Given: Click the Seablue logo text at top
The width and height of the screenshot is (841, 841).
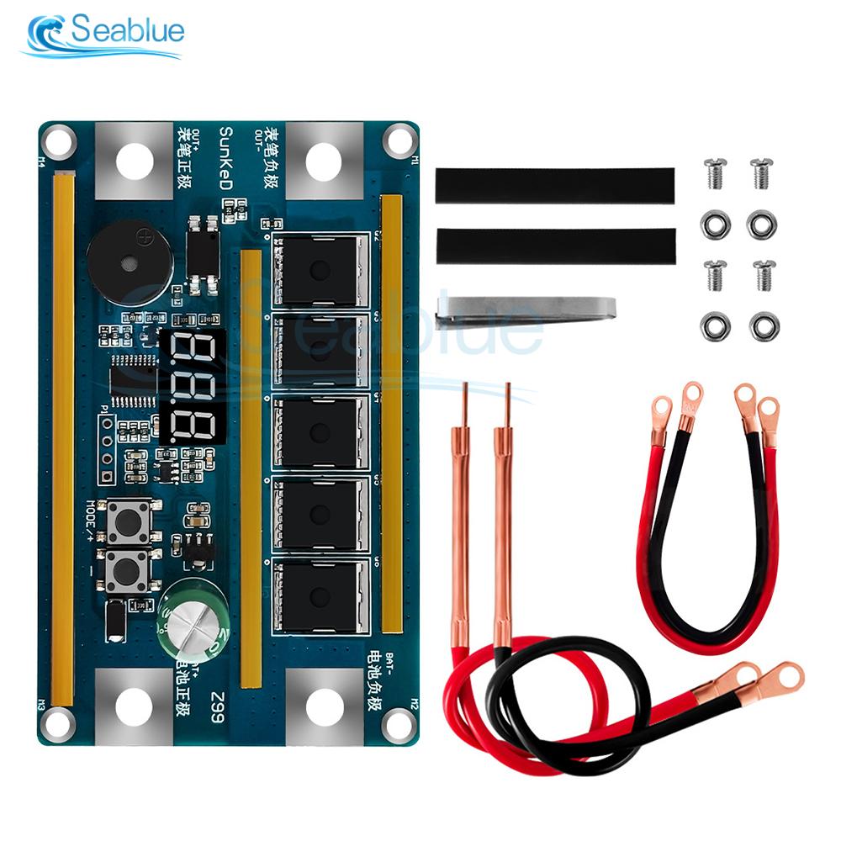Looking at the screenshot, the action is pos(126,32).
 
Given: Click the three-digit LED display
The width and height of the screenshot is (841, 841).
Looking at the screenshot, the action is pos(191,385).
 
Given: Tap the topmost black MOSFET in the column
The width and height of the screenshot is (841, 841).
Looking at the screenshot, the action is pos(320,270).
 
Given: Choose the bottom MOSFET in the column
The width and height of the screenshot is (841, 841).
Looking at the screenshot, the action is pos(320,596).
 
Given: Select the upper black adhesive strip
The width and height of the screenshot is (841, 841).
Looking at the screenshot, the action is pos(555,185).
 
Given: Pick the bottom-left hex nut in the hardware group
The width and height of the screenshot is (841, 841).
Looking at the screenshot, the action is pos(715,325).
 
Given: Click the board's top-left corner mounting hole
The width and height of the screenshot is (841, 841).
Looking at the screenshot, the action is pos(58,140).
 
